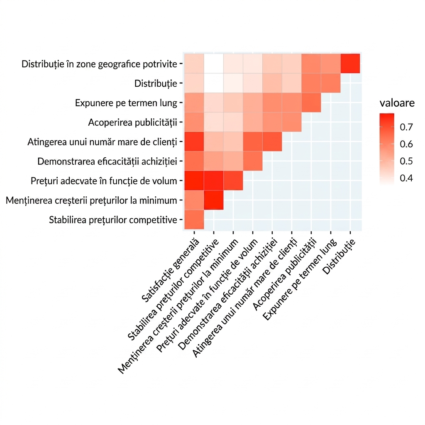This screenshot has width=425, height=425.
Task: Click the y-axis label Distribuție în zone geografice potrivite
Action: [99, 64]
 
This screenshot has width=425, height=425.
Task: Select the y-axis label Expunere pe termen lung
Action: [126, 103]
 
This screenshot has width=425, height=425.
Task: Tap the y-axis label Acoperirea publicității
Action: [132, 122]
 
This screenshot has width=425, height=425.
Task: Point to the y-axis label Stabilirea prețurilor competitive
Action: [113, 220]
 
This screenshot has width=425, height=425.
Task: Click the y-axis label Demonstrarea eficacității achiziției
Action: [107, 161]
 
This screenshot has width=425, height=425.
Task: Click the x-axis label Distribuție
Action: [339, 256]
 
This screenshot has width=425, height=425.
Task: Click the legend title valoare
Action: [397, 103]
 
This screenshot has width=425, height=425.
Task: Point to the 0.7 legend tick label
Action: [406, 127]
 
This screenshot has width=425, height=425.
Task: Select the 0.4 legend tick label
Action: [406, 178]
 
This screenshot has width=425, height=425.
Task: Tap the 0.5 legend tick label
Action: [406, 161]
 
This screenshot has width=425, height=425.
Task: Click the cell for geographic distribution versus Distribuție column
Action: [350, 64]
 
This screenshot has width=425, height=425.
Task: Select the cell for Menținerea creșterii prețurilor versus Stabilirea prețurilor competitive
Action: [214, 200]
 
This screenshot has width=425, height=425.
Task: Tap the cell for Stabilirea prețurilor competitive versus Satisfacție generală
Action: [194, 220]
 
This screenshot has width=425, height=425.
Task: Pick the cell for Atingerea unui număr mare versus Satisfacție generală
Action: [194, 142]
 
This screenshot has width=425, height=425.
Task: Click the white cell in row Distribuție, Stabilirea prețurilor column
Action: [214, 83]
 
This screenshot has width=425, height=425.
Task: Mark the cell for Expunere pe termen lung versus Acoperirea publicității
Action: [311, 103]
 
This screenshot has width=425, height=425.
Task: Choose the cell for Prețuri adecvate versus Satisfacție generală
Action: [194, 181]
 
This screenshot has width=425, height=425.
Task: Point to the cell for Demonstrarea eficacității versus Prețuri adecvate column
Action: [253, 161]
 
